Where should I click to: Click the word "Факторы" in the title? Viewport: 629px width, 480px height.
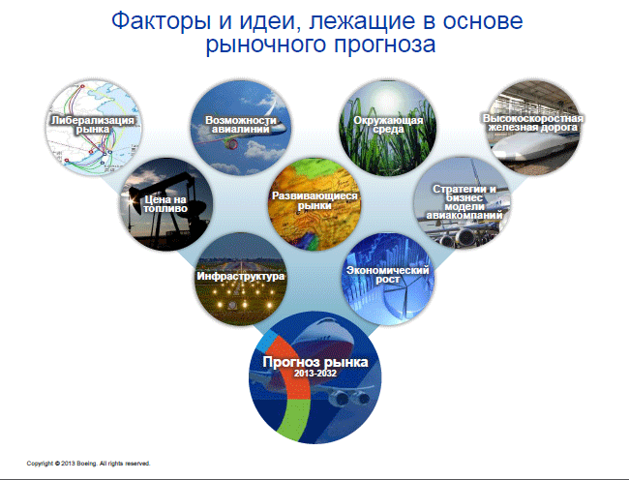click(161, 21)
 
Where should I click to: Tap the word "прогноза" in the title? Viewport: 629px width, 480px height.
click(385, 45)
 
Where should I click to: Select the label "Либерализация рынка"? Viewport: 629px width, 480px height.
click(93, 125)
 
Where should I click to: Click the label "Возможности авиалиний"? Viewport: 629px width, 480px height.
click(241, 125)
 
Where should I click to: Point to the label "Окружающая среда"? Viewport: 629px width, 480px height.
click(388, 125)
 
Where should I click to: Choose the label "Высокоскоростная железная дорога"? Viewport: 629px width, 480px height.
click(533, 123)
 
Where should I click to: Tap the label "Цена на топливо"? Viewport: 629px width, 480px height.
click(165, 204)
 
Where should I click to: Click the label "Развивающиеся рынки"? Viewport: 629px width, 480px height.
click(314, 200)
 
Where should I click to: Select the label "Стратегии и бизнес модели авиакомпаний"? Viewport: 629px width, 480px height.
click(464, 202)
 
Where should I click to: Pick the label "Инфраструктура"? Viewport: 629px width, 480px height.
click(240, 277)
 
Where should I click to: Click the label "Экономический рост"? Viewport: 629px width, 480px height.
click(387, 275)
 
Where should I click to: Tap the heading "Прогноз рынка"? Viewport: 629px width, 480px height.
click(315, 362)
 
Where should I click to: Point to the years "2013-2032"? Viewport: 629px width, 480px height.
click(315, 374)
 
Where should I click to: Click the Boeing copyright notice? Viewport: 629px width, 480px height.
click(88, 464)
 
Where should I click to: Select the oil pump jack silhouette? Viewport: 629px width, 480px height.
click(168, 204)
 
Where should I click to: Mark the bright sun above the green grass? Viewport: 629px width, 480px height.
click(384, 96)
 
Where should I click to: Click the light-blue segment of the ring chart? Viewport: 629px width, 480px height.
click(267, 342)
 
